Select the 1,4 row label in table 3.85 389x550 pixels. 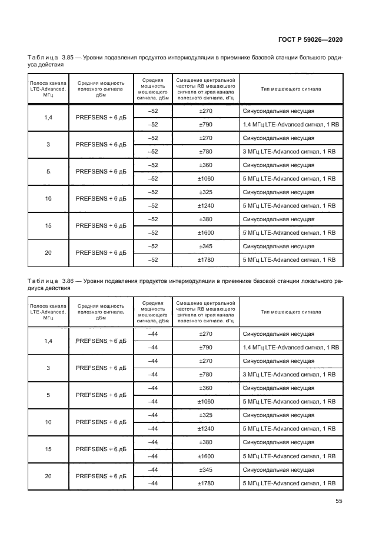[x=48, y=118]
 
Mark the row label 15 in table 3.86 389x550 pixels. [x=48, y=449]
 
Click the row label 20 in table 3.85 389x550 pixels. [x=48, y=253]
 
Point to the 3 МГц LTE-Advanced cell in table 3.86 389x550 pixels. [x=288, y=375]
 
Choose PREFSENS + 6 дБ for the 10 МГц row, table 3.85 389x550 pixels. [x=101, y=199]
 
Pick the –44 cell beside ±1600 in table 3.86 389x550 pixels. [x=154, y=456]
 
